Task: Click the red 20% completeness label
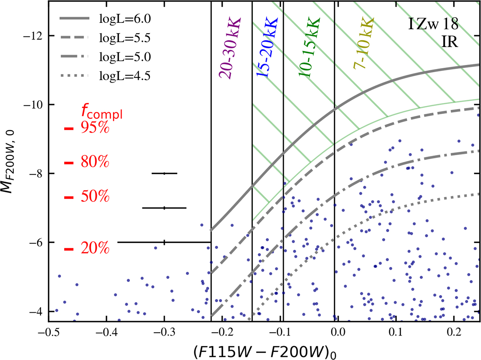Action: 95,249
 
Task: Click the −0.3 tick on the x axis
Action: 164,332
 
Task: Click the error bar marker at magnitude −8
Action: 164,173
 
